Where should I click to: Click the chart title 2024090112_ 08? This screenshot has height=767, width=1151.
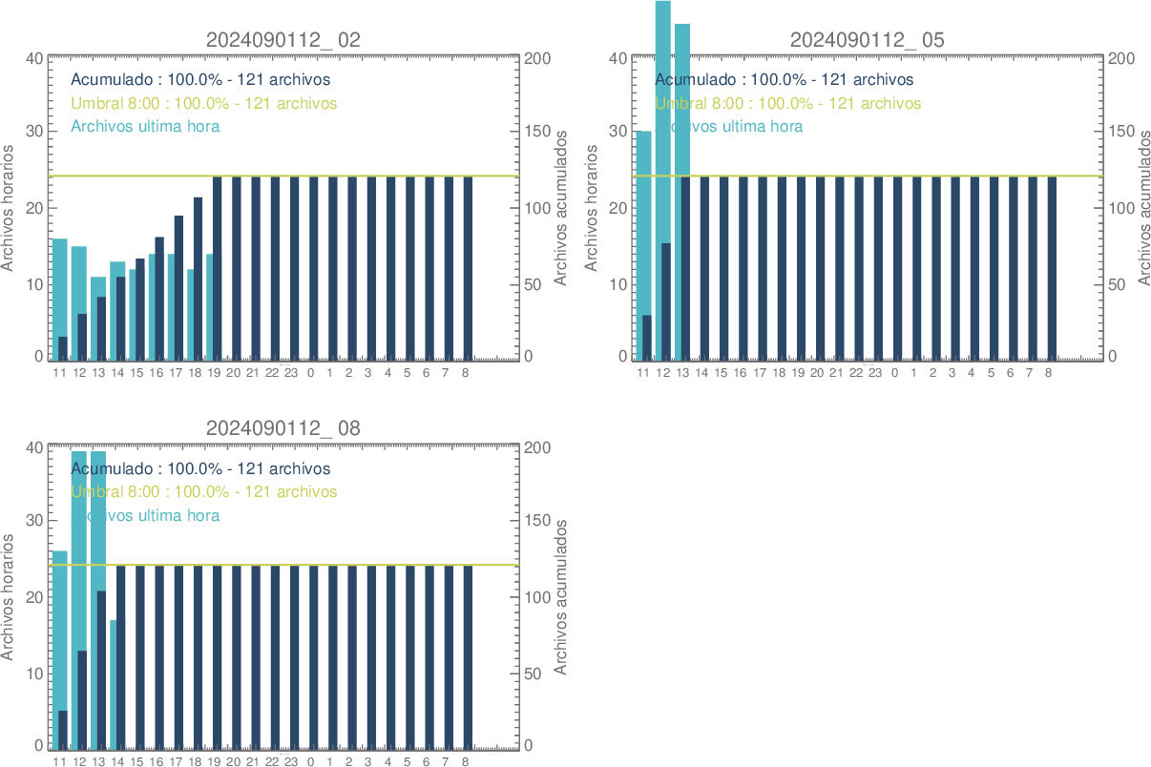tap(283, 428)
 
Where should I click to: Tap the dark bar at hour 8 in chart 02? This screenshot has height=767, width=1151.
tap(468, 267)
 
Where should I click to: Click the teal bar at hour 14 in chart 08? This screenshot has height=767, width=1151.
tap(114, 682)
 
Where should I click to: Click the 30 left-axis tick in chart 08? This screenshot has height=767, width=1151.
tap(33, 521)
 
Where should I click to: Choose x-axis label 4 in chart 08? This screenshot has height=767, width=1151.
tap(387, 762)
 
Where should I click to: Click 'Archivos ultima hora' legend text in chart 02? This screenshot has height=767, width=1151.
tap(145, 126)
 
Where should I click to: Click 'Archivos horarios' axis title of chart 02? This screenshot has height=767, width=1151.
tap(9, 207)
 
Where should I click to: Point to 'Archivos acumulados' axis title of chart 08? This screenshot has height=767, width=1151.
tap(561, 596)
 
